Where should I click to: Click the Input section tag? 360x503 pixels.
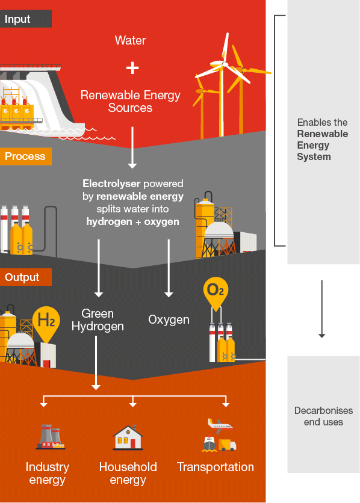pyautogui.click(x=25, y=19)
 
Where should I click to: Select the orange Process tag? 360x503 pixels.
pyautogui.click(x=25, y=156)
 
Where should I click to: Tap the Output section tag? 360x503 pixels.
pyautogui.click(x=25, y=277)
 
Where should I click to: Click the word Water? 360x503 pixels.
pyautogui.click(x=131, y=40)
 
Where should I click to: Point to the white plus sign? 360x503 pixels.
pyautogui.click(x=132, y=68)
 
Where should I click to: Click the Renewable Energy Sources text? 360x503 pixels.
pyautogui.click(x=130, y=102)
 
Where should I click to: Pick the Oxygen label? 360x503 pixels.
pyautogui.click(x=169, y=320)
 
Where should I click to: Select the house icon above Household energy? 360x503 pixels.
pyautogui.click(x=128, y=437)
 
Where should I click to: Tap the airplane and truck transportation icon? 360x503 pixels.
pyautogui.click(x=219, y=435)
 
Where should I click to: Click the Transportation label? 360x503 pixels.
pyautogui.click(x=216, y=468)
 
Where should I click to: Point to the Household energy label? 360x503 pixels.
pyautogui.click(x=128, y=474)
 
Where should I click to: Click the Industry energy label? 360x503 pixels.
pyautogui.click(x=47, y=474)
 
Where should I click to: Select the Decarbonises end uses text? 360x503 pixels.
pyautogui.click(x=323, y=416)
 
